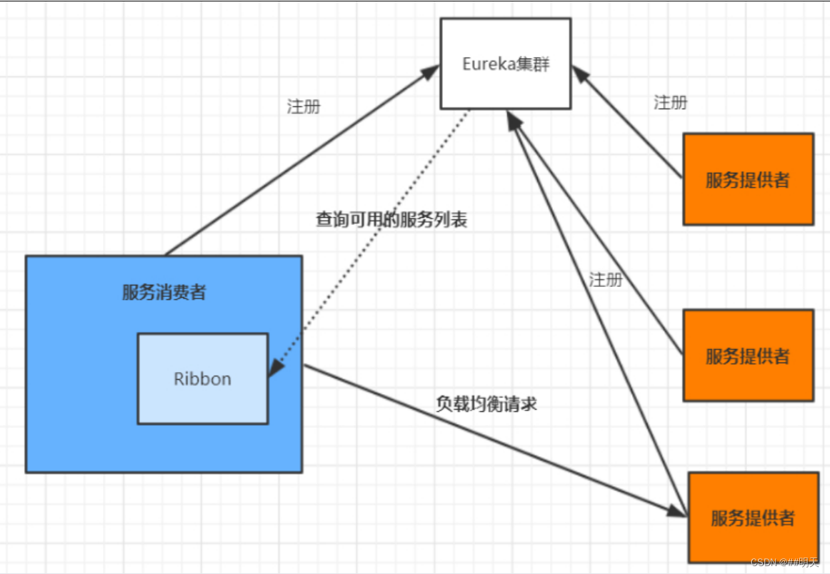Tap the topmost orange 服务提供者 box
[748, 179]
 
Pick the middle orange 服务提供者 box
[748, 355]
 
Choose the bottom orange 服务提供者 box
[752, 517]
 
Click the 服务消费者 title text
[164, 292]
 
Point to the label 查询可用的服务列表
[391, 219]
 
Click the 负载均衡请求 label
[486, 403]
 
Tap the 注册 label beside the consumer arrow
[304, 107]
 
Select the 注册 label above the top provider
[670, 103]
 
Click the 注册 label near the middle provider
[606, 279]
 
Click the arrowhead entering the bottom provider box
[676, 511]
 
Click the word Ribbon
[202, 378]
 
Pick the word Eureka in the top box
[485, 64]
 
